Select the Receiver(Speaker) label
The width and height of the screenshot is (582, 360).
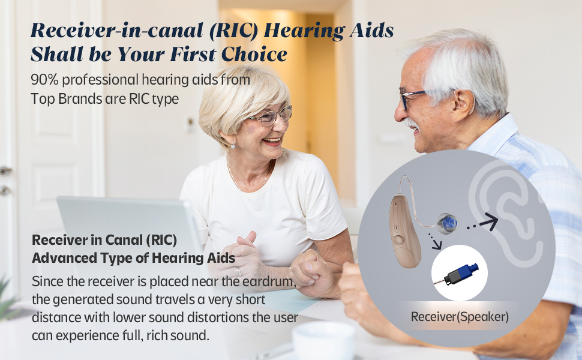(459, 317)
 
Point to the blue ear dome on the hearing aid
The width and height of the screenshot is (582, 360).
(447, 223)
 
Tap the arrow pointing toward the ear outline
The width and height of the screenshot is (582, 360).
(488, 224)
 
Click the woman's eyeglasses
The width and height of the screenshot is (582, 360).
(270, 116)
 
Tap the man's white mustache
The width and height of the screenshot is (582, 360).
(411, 124)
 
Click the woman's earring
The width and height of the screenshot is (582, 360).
(233, 145)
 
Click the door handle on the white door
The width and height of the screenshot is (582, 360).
(5, 171)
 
